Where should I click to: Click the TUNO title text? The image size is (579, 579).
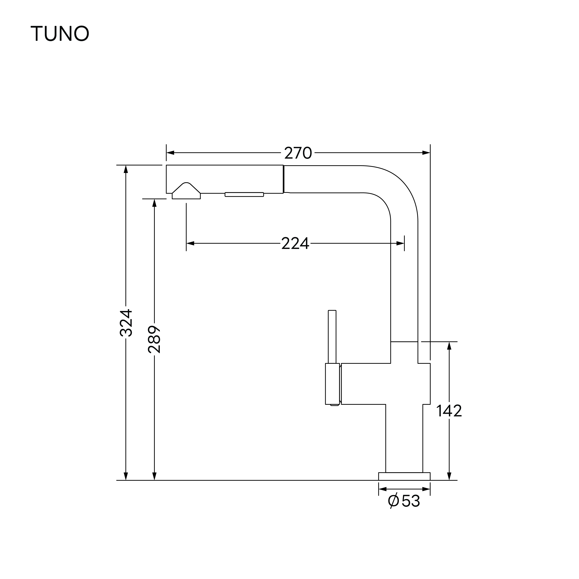point(60,33)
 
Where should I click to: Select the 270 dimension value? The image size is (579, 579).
point(298,153)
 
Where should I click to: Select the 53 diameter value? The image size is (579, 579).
point(410,501)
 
